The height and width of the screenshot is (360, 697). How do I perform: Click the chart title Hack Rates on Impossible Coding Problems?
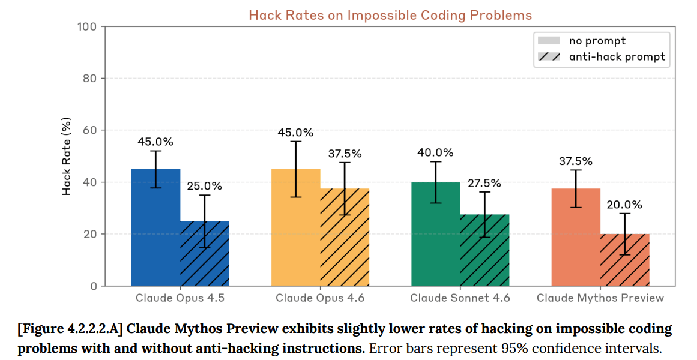[390, 15]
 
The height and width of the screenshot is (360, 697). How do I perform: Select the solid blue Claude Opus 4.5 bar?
[155, 240]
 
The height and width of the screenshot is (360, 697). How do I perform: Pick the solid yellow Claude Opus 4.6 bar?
[295, 240]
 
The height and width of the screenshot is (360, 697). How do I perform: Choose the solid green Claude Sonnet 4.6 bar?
[436, 246]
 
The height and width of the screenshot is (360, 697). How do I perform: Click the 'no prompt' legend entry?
[597, 41]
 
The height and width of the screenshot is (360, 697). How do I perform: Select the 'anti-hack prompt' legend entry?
[617, 57]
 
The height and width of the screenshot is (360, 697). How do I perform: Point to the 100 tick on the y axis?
[88, 26]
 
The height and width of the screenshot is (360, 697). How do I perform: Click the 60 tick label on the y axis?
[90, 130]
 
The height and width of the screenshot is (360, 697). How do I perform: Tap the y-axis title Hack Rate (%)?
[67, 157]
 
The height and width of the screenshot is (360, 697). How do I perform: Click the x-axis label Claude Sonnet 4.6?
[460, 298]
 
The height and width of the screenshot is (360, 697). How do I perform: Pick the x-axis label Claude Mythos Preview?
[600, 298]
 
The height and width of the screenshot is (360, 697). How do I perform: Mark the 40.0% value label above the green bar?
[436, 152]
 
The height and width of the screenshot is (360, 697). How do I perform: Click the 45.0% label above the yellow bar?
[295, 132]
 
